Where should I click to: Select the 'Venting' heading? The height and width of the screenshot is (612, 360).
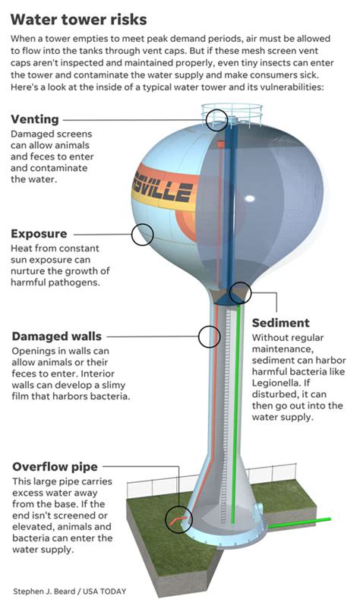point(35,119)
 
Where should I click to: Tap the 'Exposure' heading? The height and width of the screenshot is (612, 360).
point(39,234)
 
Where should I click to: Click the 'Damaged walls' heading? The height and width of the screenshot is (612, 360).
point(56,336)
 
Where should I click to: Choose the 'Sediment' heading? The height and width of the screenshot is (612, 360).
point(280,323)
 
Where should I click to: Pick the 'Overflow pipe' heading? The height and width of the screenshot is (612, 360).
point(55,466)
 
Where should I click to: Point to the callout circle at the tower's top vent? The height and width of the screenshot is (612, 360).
point(216,118)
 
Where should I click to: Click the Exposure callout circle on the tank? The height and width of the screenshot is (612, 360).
point(143,235)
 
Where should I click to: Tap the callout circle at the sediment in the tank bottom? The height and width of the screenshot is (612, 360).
point(240,292)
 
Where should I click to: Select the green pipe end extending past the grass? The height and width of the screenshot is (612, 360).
point(319,520)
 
